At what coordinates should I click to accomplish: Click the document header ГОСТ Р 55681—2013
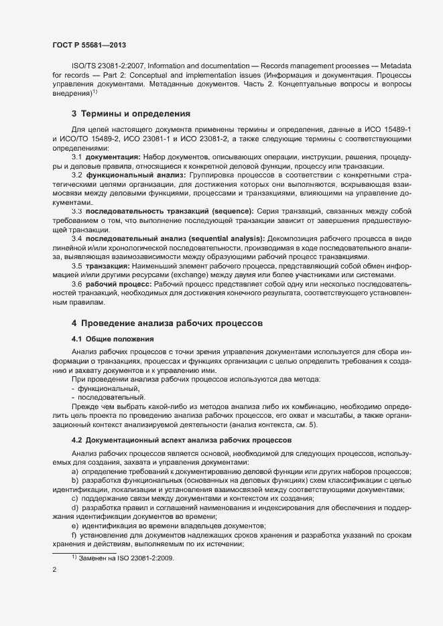click(x=89, y=44)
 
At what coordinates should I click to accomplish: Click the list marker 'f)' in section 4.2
click(x=74, y=536)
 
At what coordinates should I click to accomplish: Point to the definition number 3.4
click(x=77, y=238)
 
